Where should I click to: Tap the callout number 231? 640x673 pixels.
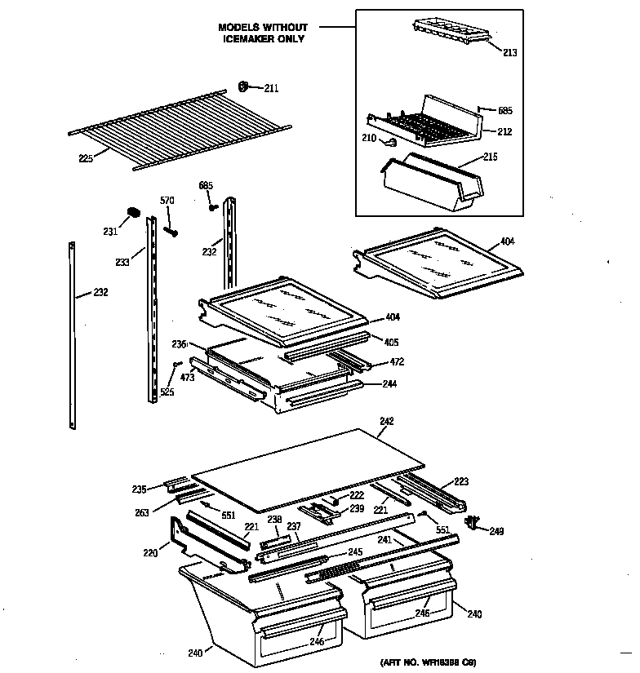[110, 232]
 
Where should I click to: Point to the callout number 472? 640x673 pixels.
[397, 361]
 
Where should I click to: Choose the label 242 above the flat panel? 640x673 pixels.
[387, 421]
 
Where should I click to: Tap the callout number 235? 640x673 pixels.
[139, 489]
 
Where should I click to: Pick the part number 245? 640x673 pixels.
[354, 552]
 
